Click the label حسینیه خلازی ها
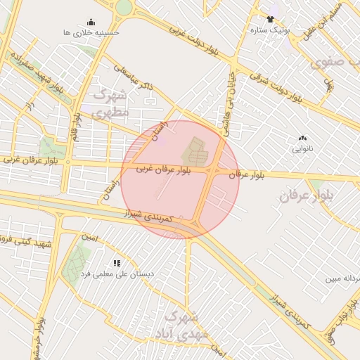[x=91, y=32]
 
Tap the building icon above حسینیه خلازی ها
[x=91, y=22]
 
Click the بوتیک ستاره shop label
[x=270, y=30]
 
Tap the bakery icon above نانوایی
[x=302, y=139]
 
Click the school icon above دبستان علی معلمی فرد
[x=117, y=263]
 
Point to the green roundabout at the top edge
[x=124, y=7]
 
